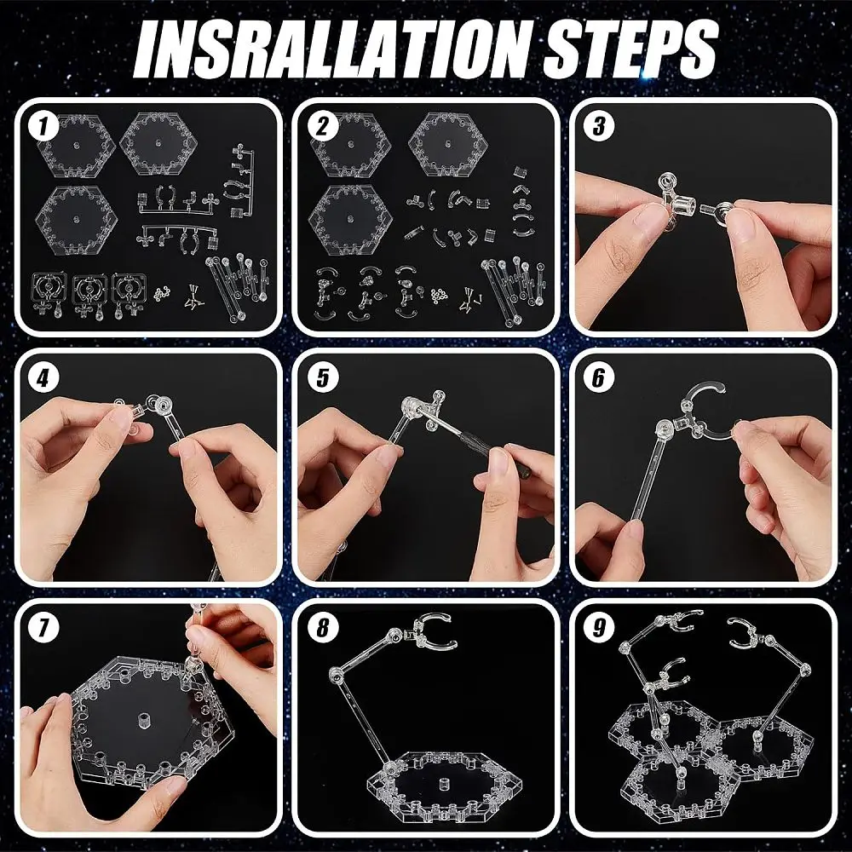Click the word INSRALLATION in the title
[332, 49]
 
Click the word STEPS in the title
[630, 49]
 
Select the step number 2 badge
[323, 127]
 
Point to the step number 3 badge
[599, 127]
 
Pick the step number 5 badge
[323, 377]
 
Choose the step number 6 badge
[599, 377]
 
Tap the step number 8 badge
[323, 628]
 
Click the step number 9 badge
[599, 628]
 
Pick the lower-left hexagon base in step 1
[76, 220]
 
